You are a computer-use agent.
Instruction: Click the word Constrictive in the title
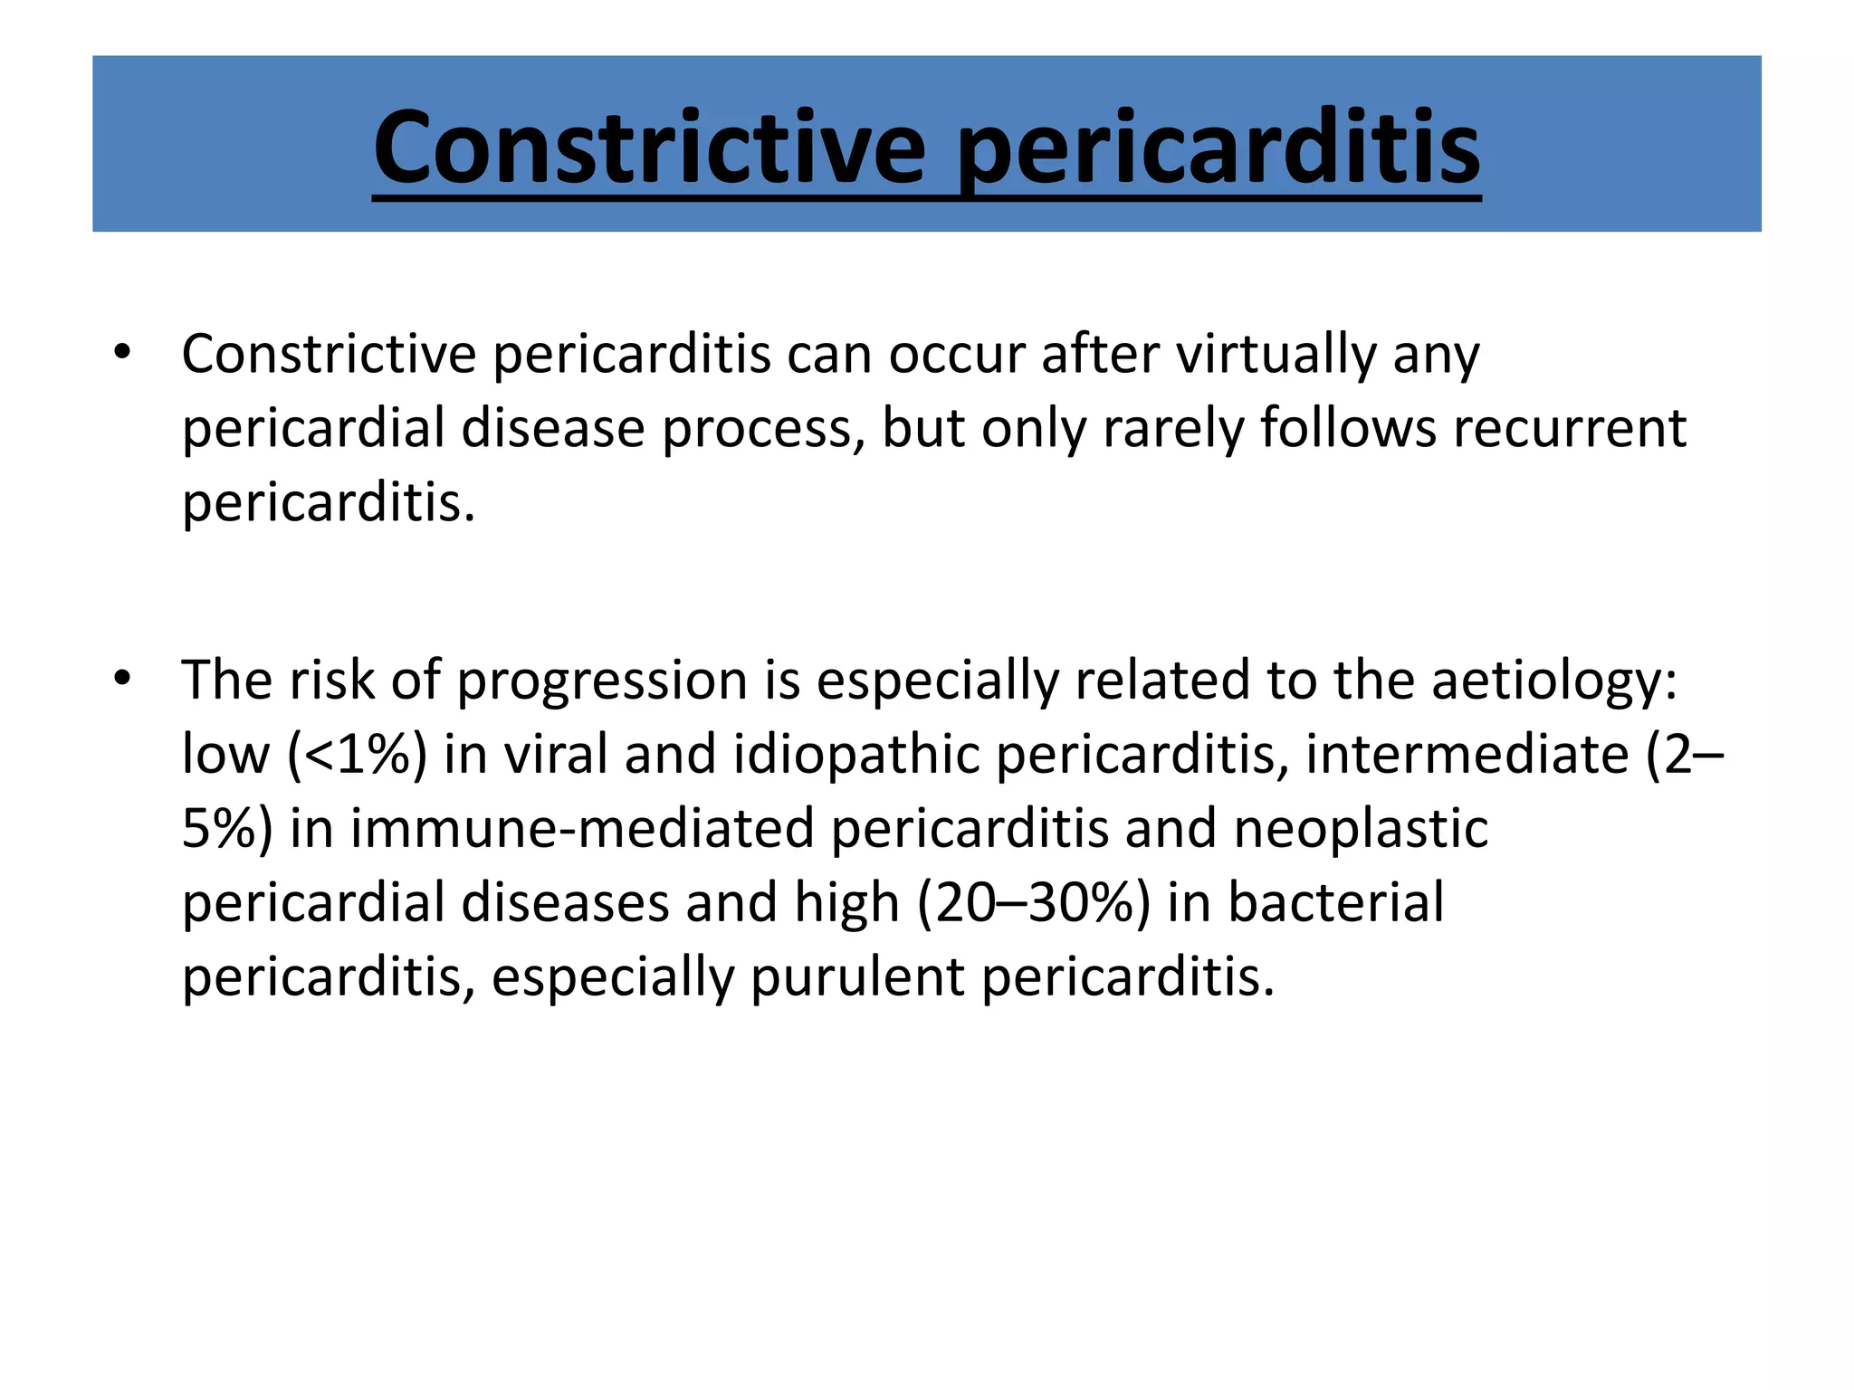(x=649, y=147)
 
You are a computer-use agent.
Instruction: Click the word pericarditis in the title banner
(x=1218, y=147)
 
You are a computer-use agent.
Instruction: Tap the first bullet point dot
(x=123, y=352)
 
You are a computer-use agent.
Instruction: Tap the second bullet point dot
(x=123, y=678)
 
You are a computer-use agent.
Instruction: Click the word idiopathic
(x=856, y=754)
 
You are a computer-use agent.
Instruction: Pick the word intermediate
(x=1467, y=754)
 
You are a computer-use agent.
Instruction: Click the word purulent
(x=856, y=977)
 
